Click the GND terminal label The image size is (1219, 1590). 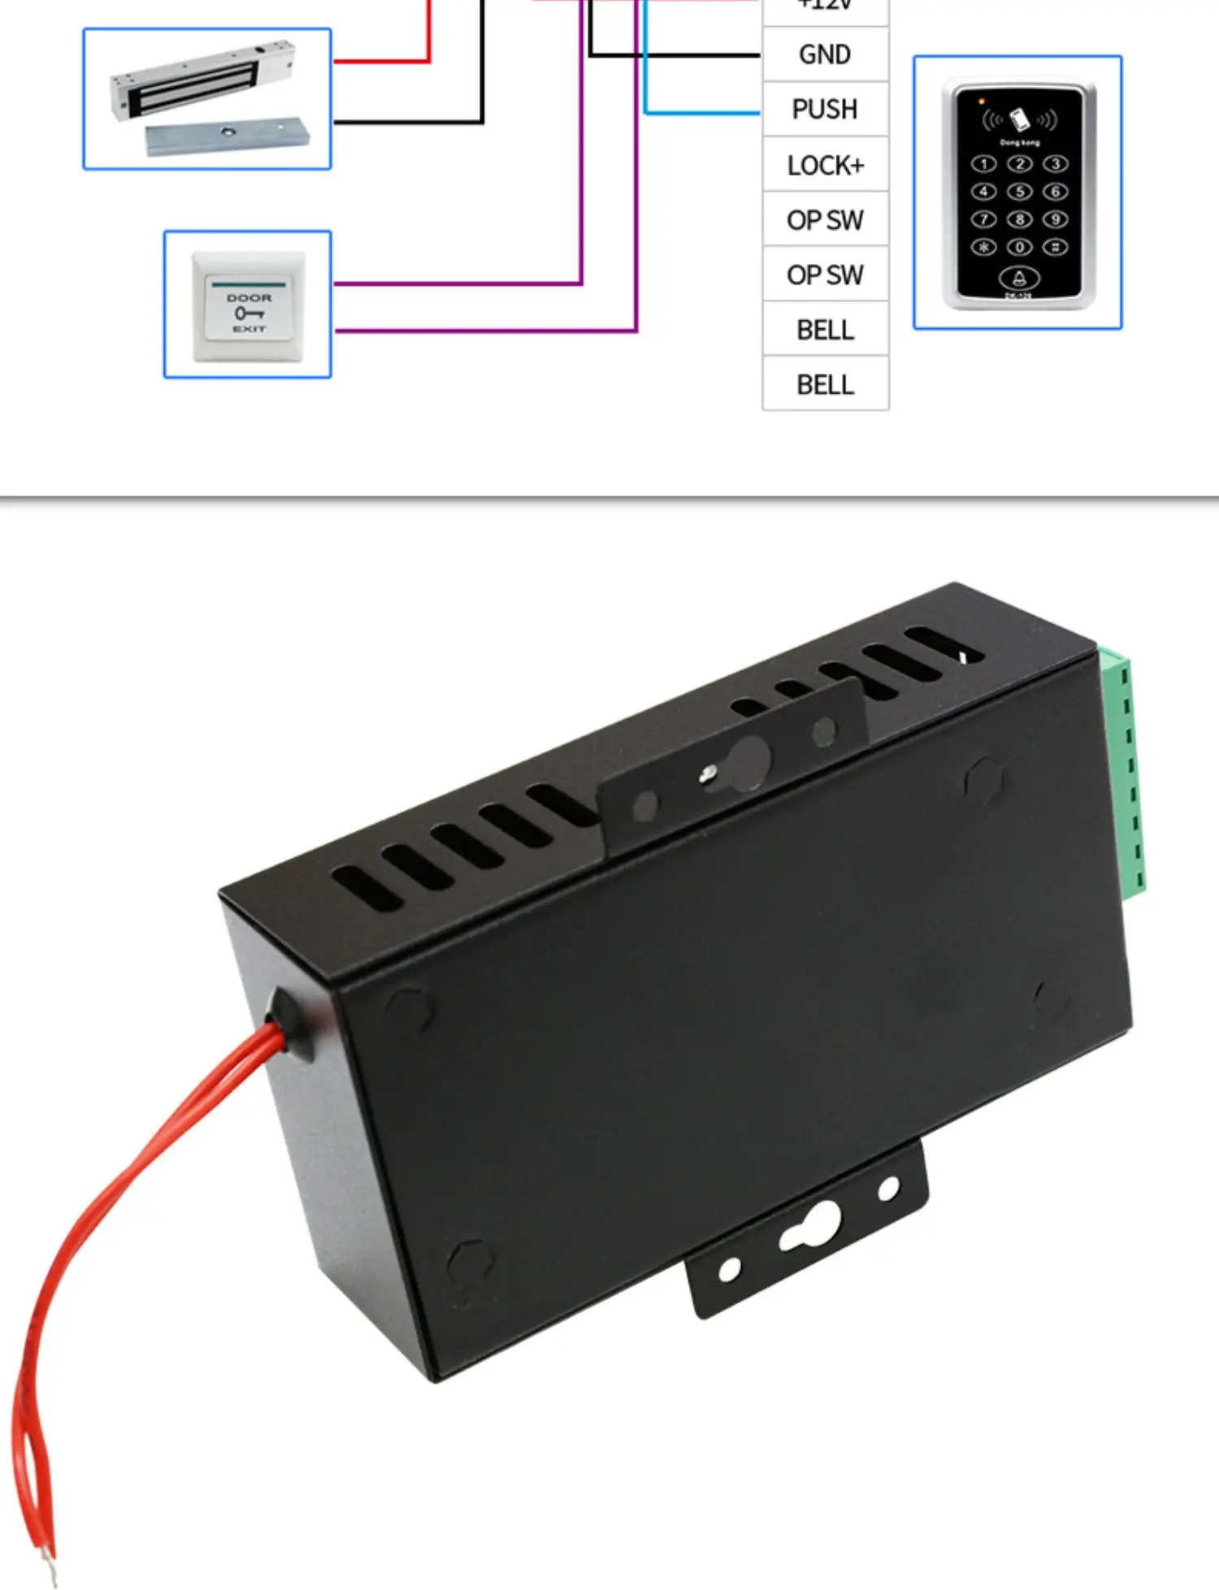(x=825, y=54)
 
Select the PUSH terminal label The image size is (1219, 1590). (x=825, y=109)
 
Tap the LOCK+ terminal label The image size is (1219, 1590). (x=825, y=165)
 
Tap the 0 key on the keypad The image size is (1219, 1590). (x=1019, y=247)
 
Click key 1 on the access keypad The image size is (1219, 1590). (x=983, y=164)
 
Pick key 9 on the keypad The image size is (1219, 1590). (x=1055, y=219)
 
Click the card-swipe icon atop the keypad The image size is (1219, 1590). (x=1019, y=119)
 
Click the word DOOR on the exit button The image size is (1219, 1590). (x=249, y=298)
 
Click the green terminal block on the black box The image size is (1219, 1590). (x=1125, y=772)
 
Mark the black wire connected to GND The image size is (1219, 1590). (x=675, y=54)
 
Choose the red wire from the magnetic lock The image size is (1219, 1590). (x=382, y=61)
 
